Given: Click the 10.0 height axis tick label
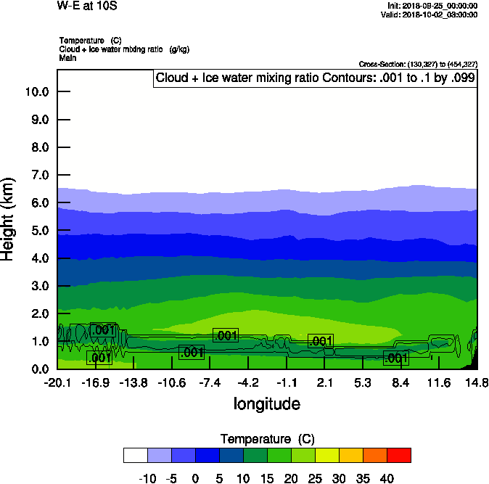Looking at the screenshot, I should [36, 91].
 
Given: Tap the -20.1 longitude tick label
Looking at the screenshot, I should [57, 382].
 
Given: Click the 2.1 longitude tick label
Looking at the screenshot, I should [324, 382].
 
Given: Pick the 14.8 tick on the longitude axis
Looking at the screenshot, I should [477, 382].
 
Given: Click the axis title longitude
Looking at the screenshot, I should [266, 403].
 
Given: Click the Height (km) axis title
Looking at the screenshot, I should [9, 218].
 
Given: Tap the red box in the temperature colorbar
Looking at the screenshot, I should [398, 455].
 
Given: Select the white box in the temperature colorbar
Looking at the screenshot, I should [136, 455].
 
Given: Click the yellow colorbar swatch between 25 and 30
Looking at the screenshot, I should [326, 455].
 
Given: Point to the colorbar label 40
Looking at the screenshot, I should [386, 478].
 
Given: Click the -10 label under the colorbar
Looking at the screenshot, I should [147, 478].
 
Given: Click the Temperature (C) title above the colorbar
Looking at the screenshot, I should [267, 439].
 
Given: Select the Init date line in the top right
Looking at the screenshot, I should [434, 6].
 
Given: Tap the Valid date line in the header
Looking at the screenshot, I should [434, 15].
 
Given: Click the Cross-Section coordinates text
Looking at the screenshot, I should [418, 64].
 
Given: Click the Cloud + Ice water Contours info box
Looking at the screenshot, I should [314, 78].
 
